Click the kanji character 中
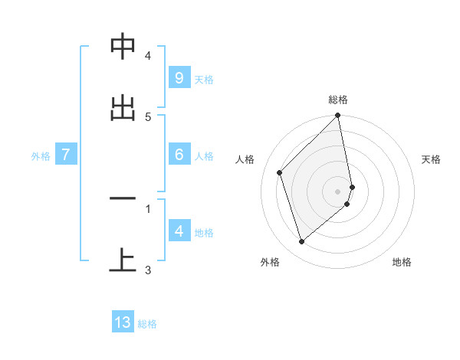click(x=123, y=47)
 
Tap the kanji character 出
click(x=123, y=108)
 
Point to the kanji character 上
click(x=123, y=261)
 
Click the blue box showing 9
click(x=179, y=78)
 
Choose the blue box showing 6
click(x=179, y=155)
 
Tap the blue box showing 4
click(x=179, y=231)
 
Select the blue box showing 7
click(x=66, y=155)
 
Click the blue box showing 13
click(x=123, y=322)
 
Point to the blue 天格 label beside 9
click(x=204, y=80)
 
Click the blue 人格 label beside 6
click(x=204, y=156)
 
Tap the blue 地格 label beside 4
click(x=204, y=232)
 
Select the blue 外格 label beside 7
click(x=41, y=156)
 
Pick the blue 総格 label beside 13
click(x=147, y=324)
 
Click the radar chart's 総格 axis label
click(x=338, y=100)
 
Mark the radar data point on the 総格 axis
click(x=338, y=116)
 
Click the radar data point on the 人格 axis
click(x=280, y=172)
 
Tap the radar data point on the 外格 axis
click(x=301, y=242)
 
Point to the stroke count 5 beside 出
click(x=148, y=116)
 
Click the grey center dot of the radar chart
click(x=338, y=191)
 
